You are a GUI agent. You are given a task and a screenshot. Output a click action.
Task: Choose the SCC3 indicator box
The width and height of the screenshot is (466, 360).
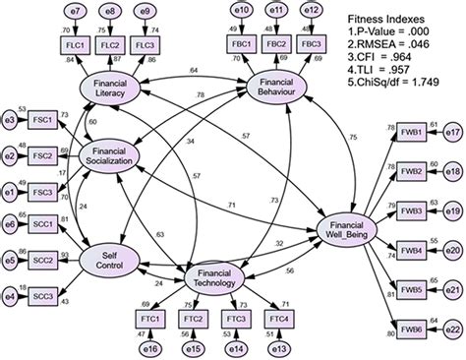point(42,295)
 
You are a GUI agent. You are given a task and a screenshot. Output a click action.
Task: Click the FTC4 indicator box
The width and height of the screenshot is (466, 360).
point(280,319)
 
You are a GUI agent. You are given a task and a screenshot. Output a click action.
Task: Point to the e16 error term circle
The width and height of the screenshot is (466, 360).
point(149,347)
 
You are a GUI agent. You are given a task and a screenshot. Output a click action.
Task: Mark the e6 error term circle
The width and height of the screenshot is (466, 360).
point(11,225)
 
